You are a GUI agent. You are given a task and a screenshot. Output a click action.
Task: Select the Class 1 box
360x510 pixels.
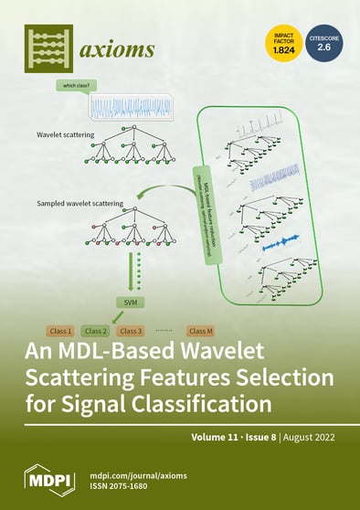tap(59, 330)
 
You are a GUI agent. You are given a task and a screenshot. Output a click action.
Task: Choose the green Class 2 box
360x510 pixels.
tap(95, 330)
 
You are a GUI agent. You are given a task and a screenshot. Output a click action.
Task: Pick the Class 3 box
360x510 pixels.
tap(131, 330)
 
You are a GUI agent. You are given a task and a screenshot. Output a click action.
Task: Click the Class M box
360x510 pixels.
tap(201, 330)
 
